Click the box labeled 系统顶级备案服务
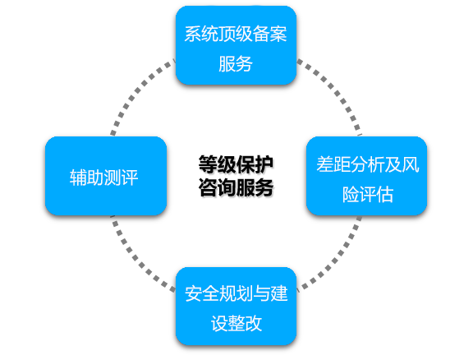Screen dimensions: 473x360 (x=236, y=45)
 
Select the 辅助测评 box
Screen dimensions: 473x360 (x=106, y=176)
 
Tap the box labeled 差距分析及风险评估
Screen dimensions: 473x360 (x=366, y=176)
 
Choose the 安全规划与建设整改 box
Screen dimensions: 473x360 (x=236, y=307)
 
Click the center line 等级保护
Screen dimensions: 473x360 (x=236, y=165)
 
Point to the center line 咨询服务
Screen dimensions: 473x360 (x=236, y=187)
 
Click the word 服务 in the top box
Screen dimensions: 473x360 (x=236, y=64)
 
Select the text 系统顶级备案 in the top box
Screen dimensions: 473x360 (x=236, y=34)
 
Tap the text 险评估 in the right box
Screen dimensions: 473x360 (x=368, y=195)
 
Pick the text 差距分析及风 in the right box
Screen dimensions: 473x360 (x=368, y=164)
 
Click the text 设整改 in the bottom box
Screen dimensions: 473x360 (x=236, y=324)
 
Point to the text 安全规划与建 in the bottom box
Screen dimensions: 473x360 (x=236, y=293)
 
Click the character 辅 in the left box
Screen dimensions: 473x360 (x=79, y=178)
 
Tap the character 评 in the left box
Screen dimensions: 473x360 (x=130, y=178)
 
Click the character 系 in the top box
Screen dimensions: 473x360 (x=193, y=34)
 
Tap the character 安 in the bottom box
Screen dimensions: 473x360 (x=193, y=293)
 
